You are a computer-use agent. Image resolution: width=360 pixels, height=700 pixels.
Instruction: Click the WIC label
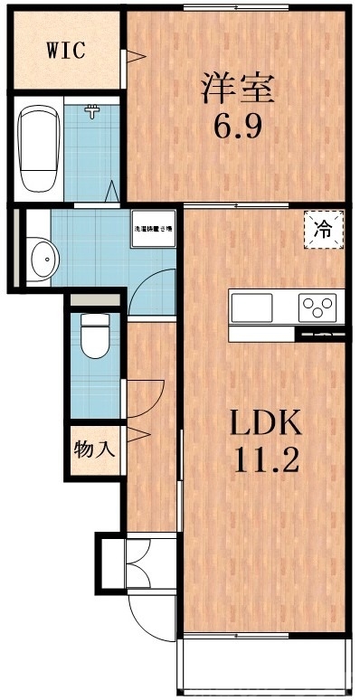(65, 49)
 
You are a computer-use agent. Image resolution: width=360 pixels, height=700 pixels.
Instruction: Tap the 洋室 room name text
(239, 88)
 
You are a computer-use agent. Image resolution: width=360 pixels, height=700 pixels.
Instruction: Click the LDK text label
(267, 422)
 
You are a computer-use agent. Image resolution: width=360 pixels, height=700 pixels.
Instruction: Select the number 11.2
(267, 460)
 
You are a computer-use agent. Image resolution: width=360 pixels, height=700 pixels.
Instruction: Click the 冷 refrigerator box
(323, 230)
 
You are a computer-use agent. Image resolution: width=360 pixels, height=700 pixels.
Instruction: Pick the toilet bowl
(94, 336)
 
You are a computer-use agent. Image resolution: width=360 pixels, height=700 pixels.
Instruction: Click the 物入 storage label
(94, 449)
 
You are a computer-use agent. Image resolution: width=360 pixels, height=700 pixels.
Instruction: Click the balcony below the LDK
(264, 665)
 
